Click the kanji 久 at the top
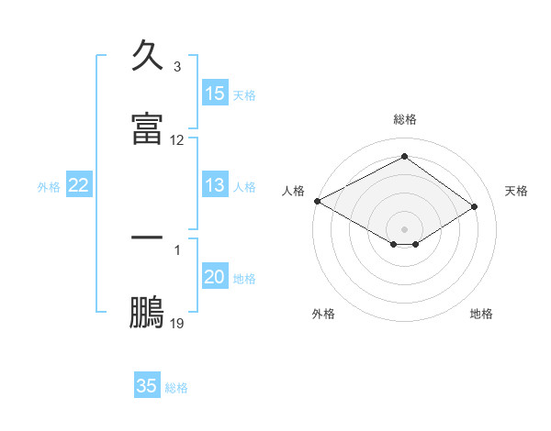pos(148,56)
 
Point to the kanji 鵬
pos(148,312)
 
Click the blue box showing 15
pos(215,94)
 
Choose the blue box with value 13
pos(215,185)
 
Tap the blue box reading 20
pos(215,277)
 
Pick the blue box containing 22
pos(79,185)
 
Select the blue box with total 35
pos(147,386)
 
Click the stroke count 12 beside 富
pos(177,140)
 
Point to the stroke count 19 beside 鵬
pos(177,324)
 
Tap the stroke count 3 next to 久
pos(176,67)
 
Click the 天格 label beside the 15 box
pos(244,94)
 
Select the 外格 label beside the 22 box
pos(49,186)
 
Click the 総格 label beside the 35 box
pos(176,387)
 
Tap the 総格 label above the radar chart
pos(405,119)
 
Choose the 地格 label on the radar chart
pos(481,314)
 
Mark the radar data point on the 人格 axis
pos(317,201)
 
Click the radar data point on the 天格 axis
pos(475,206)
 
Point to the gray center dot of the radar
pos(405,228)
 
